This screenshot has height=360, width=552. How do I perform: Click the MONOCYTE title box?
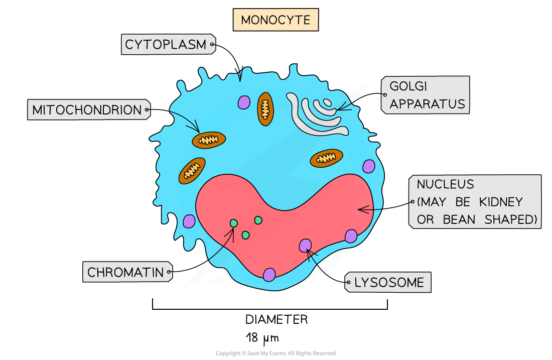(x=275, y=20)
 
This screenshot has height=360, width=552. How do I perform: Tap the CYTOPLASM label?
(x=168, y=44)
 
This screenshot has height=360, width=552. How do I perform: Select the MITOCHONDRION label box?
(x=89, y=109)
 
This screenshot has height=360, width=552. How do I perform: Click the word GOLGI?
(x=408, y=86)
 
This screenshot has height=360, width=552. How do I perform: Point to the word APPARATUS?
(x=427, y=104)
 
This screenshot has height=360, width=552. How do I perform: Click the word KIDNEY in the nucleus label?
(x=501, y=202)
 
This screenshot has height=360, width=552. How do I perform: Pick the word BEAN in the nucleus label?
(x=459, y=219)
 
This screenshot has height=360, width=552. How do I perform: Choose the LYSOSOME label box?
(x=387, y=282)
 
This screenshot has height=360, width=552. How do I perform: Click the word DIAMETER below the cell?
(x=277, y=319)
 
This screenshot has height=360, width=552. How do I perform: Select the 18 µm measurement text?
(x=262, y=338)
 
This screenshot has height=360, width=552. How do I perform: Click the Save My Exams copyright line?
(x=275, y=353)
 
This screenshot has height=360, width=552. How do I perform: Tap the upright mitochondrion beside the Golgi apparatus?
(x=265, y=109)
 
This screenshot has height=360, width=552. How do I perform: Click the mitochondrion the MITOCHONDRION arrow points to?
(x=209, y=140)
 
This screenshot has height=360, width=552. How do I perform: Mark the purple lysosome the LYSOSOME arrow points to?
(x=305, y=246)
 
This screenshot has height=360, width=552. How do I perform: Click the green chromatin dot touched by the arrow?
(x=234, y=223)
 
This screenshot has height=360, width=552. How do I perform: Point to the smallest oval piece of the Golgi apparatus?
(x=327, y=102)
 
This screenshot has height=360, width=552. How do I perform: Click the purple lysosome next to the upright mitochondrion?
(x=244, y=102)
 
